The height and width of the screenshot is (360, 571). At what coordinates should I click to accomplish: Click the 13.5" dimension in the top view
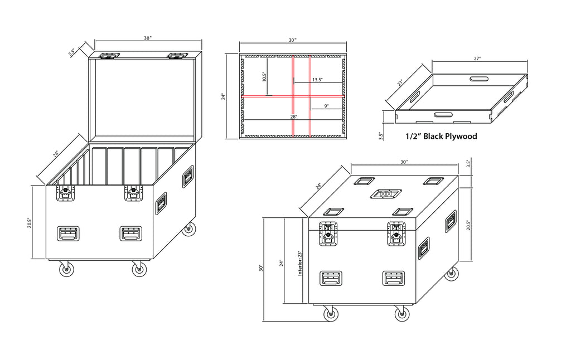pos(317,80)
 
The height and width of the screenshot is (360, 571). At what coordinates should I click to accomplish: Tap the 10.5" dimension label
pos(264,77)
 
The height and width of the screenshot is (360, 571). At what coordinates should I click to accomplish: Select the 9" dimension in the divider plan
pos(326,106)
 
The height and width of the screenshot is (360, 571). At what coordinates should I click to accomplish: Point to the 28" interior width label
pos(293,117)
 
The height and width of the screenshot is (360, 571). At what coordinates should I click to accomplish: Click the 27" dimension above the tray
pos(477,59)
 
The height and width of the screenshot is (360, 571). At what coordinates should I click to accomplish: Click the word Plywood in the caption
pos(461,137)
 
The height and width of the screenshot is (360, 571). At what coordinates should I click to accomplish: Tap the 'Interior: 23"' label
pos(300,263)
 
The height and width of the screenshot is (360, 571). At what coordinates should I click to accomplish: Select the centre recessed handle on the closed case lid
pos(386,193)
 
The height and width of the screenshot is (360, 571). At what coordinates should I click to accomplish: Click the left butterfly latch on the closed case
pos(328,233)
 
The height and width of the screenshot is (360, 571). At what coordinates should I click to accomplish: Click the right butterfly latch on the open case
pos(134,193)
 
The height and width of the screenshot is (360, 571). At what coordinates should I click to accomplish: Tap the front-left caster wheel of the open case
pos(66,269)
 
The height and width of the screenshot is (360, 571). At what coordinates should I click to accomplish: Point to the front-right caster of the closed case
pos(402,313)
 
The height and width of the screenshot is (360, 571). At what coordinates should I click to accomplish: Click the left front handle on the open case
pos(67,233)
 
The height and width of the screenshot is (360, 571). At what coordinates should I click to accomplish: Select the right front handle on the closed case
pos(394,279)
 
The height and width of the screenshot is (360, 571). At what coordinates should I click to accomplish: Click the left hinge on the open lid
pos(110,56)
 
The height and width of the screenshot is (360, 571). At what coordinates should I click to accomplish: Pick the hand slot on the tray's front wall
pos(443,115)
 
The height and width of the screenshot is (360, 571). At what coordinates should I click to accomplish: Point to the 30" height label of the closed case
pos(261,268)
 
